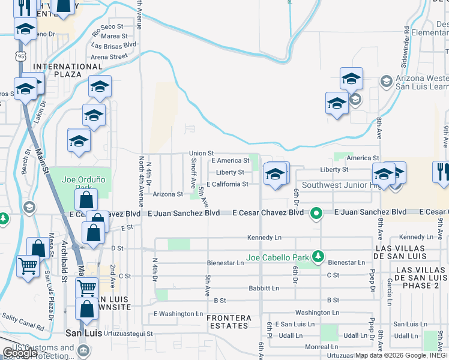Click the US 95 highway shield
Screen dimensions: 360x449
(22, 56)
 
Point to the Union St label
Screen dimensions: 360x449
(202, 153)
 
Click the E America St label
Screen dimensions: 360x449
(231, 161)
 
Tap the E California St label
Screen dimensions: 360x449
(228, 184)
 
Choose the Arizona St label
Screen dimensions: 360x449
(167, 194)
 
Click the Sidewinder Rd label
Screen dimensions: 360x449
(406, 46)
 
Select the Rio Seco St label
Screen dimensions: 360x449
(108, 27)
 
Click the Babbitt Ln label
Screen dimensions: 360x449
(264, 289)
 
